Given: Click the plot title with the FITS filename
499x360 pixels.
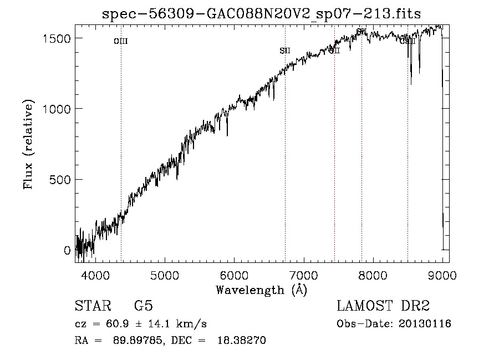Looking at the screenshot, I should click(262, 14).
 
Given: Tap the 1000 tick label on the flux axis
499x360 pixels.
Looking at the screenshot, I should click(57, 109).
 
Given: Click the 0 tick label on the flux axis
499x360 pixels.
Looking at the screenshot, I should click(68, 251).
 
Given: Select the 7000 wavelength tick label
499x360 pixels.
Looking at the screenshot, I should click(303, 275).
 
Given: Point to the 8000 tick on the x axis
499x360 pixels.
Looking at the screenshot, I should click(373, 275).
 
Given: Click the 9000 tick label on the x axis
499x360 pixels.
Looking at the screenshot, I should click(442, 275).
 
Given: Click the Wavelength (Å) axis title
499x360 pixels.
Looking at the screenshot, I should click(261, 290).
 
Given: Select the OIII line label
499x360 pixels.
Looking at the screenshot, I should click(120, 41).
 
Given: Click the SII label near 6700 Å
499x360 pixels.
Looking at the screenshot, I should click(285, 51).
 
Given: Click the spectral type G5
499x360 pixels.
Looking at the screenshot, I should click(144, 306).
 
